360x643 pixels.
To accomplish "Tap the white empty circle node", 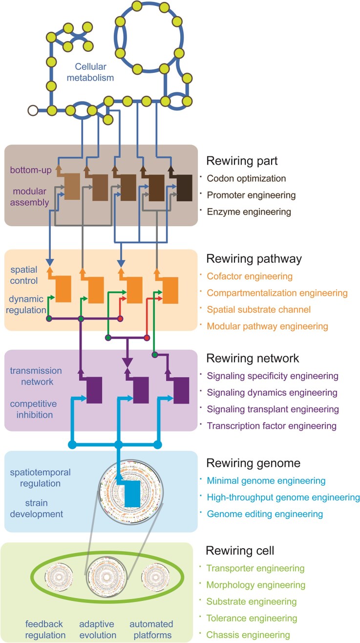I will (x=33, y=110).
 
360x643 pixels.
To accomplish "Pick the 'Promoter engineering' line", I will (x=251, y=195).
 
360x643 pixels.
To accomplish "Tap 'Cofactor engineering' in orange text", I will (x=250, y=277).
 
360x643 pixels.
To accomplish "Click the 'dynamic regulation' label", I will (x=29, y=303).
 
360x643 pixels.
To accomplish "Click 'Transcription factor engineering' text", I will (x=272, y=426).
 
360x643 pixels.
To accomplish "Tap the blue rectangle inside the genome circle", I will (x=132, y=493).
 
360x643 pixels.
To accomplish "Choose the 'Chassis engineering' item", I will (x=248, y=634).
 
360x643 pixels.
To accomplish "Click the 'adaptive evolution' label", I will (x=98, y=629).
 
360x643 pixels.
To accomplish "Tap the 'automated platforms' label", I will (x=151, y=629).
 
